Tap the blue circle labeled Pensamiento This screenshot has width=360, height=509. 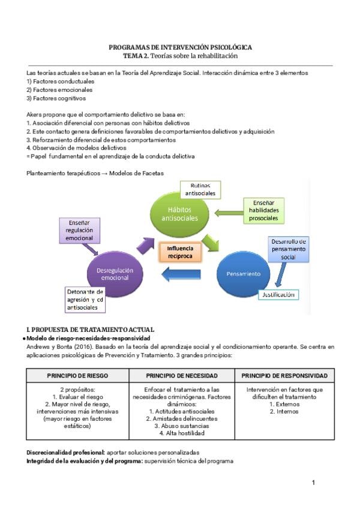coord(244,274)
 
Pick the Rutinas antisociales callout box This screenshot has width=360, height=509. coord(202,190)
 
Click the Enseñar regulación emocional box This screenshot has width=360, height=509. coord(79,230)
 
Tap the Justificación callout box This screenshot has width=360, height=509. coord(278,294)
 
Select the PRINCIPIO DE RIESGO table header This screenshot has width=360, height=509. coord(77,375)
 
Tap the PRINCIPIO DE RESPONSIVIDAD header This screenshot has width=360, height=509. coord(285,375)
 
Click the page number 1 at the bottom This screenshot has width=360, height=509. coord(313,482)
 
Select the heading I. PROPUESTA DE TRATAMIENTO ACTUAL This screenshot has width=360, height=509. coord(91,330)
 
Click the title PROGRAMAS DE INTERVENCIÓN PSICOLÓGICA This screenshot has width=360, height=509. coord(180,47)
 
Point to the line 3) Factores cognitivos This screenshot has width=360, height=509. coord(56,98)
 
